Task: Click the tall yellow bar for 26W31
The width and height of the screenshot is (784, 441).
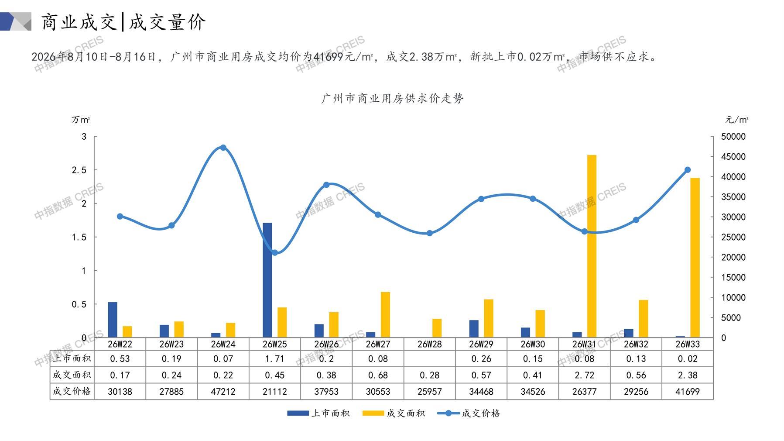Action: [x=592, y=246]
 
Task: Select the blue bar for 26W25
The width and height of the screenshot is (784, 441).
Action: [x=267, y=280]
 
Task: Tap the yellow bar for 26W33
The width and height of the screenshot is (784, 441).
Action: [x=695, y=258]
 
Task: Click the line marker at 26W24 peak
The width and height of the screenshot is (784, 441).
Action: [x=223, y=148]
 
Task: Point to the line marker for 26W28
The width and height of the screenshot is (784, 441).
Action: [x=430, y=233]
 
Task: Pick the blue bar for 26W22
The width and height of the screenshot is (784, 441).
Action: [x=113, y=320]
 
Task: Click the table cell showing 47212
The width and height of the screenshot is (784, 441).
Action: [x=223, y=392]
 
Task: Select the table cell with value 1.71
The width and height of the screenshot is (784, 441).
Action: [x=275, y=359]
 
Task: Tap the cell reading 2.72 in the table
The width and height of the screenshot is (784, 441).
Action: [x=585, y=375]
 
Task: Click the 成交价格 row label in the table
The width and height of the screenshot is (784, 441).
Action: [x=72, y=392]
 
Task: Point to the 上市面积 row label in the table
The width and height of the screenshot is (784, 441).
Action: [x=72, y=359]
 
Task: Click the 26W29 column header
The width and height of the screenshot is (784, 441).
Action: [x=481, y=344]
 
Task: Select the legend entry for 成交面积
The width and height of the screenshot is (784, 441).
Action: [x=394, y=413]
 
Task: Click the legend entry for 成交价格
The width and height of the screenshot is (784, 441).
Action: [x=469, y=413]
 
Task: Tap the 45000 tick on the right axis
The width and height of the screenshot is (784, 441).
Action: [x=733, y=157]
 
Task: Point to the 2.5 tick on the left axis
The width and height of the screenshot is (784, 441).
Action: [x=79, y=170]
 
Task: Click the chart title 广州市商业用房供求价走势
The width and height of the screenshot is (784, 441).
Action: [x=392, y=99]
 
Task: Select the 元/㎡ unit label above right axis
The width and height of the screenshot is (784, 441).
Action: [x=737, y=120]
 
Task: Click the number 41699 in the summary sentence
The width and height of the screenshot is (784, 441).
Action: [x=328, y=57]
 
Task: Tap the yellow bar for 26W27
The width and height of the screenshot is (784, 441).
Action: [x=385, y=315]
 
